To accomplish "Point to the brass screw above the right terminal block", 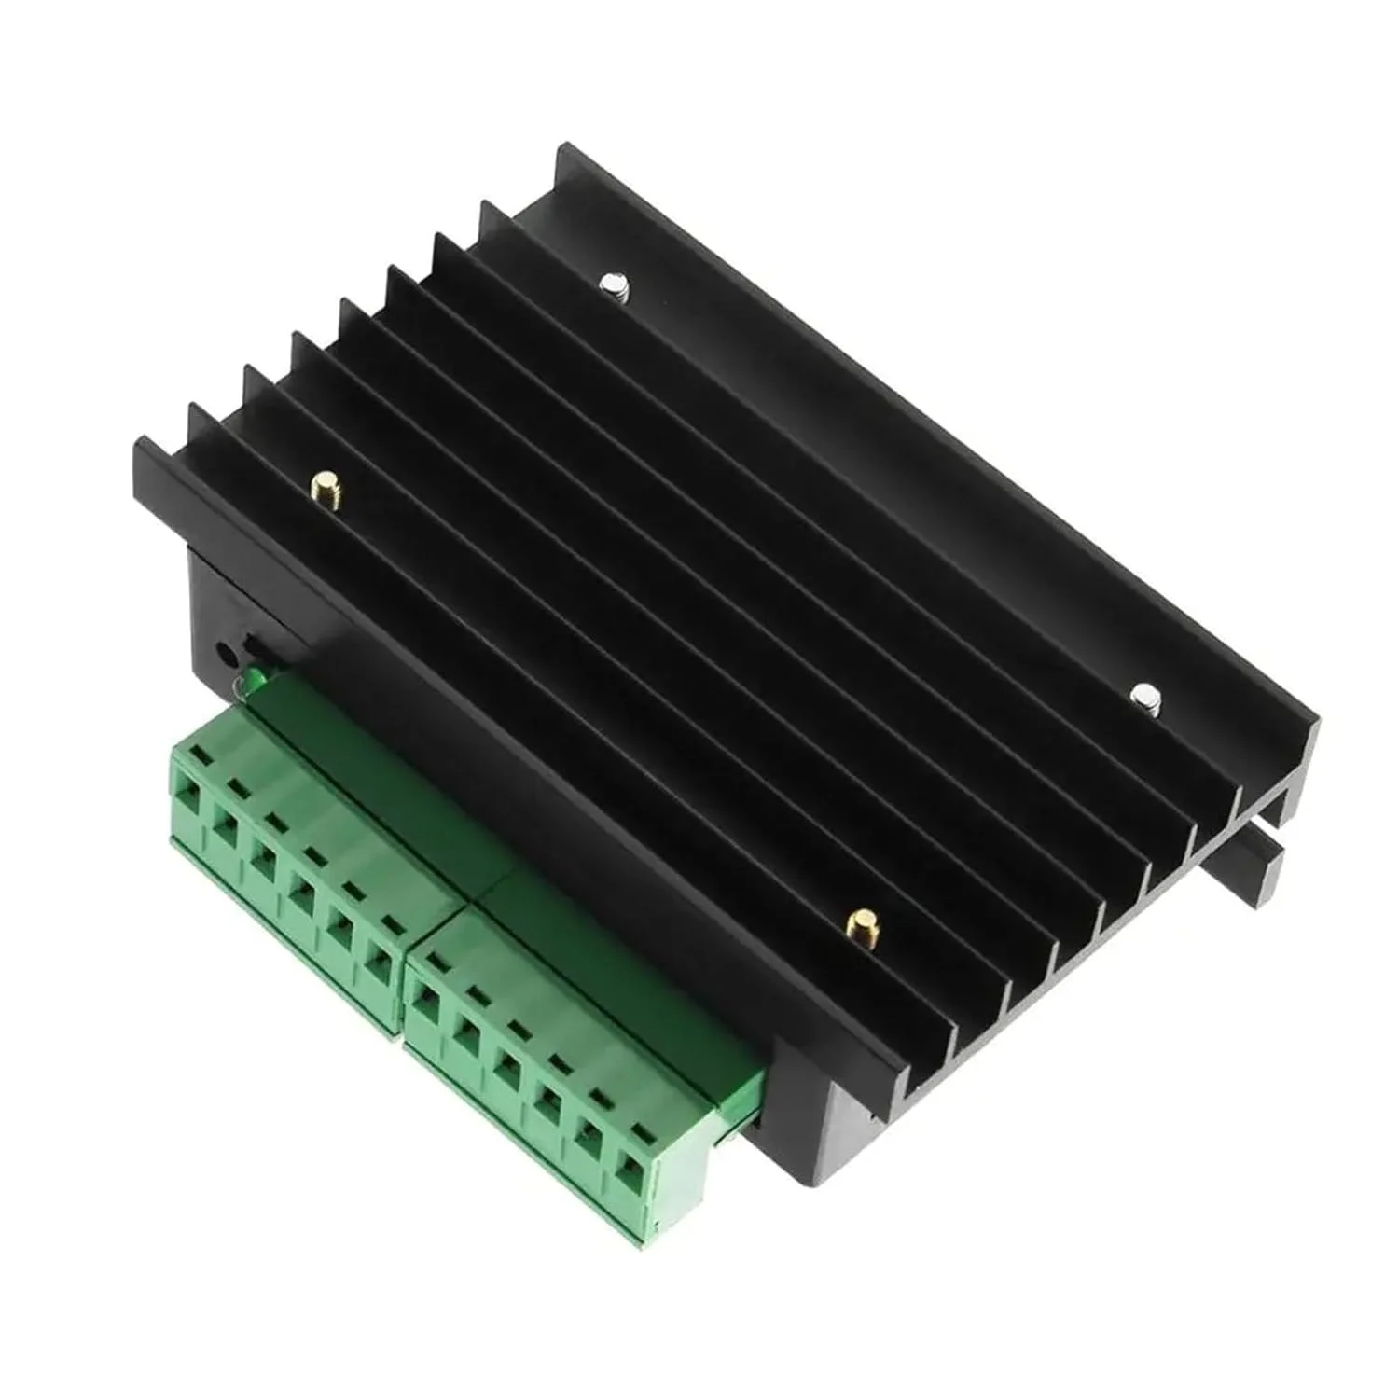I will pyautogui.click(x=857, y=922).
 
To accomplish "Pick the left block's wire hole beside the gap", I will pyautogui.click(x=378, y=962).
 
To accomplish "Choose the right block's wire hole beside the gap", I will pyautogui.click(x=425, y=1007).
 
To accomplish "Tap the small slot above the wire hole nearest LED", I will pyautogui.click(x=200, y=758).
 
